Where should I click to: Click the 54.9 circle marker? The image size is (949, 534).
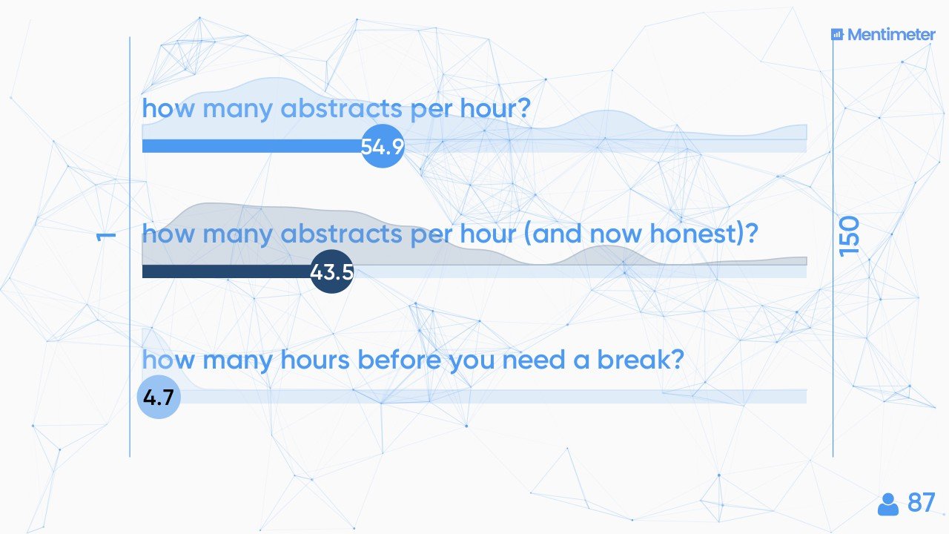click(x=383, y=146)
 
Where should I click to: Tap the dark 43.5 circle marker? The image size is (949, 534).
click(x=331, y=271)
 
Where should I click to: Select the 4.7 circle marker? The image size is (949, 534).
click(x=159, y=397)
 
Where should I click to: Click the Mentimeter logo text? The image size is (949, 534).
click(x=891, y=35)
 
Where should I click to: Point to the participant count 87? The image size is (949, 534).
click(x=921, y=503)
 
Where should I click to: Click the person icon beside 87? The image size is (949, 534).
click(x=888, y=504)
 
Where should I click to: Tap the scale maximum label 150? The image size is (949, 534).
click(x=850, y=237)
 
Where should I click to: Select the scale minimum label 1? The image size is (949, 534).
click(x=106, y=237)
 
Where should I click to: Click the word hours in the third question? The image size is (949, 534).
click(x=315, y=360)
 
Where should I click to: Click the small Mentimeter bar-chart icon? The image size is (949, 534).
click(x=837, y=34)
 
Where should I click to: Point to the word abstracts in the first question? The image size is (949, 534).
click(x=341, y=108)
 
